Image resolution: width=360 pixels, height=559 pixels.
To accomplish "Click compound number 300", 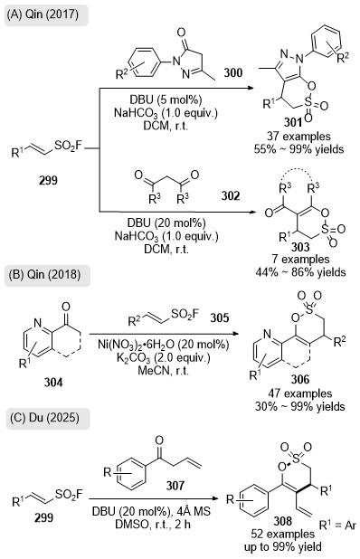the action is (233, 72).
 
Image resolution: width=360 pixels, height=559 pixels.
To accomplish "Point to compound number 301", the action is (293, 123).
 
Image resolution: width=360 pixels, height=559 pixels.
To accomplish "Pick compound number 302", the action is (231, 195).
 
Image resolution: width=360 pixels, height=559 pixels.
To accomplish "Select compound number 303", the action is (300, 247).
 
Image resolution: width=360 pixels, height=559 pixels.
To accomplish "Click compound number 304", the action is (53, 383).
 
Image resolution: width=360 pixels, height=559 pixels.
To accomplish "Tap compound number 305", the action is (220, 317).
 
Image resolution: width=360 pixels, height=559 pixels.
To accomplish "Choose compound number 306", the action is (300, 379).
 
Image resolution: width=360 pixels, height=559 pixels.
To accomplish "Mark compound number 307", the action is (175, 485).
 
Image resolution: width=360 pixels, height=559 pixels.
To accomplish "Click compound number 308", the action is (283, 521).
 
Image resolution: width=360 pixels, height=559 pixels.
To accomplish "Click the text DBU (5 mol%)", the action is (166, 99).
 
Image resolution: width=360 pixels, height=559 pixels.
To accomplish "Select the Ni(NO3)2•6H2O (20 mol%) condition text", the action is (164, 345).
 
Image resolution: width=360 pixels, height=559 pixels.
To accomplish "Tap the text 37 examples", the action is (298, 136).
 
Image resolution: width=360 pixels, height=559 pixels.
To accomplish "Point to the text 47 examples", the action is (300, 393).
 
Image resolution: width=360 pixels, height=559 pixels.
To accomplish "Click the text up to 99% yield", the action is (283, 546).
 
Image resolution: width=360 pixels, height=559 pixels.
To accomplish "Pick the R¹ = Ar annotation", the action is (337, 525).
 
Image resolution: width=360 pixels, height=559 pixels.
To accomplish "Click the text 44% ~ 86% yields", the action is (300, 272).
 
